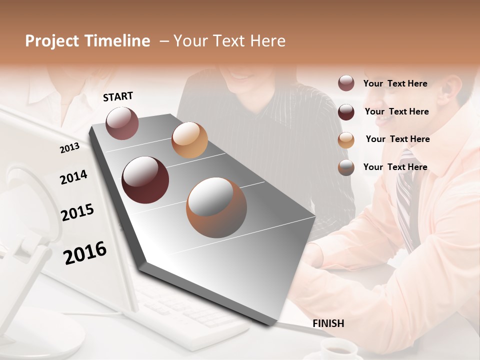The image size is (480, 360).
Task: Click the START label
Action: (118, 96)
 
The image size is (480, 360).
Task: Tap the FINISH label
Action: (328, 323)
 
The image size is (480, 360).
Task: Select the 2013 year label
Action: (69, 147)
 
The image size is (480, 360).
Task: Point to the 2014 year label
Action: (73, 177)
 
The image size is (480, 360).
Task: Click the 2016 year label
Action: (85, 253)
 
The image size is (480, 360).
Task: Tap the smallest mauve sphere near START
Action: (122, 123)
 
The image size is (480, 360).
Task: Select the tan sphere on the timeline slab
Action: (189, 140)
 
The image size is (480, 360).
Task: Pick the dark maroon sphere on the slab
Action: (145, 180)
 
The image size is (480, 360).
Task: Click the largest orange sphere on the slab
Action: (216, 207)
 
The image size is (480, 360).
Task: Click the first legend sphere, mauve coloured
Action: (346, 83)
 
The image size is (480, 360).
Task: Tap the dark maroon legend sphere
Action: (346, 111)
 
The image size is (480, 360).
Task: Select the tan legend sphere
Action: (346, 140)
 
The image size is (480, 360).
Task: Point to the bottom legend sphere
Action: (346, 167)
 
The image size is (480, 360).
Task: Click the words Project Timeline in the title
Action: (87, 41)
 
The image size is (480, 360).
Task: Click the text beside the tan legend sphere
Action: (397, 139)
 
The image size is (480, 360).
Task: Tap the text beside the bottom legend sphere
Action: (395, 167)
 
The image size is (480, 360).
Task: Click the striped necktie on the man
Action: (406, 200)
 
